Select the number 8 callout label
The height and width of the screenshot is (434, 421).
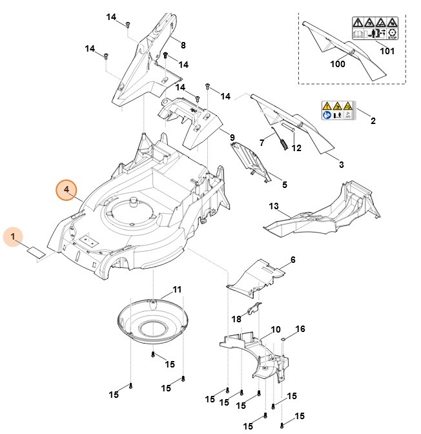point(183,45)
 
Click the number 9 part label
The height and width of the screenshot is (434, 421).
point(232,138)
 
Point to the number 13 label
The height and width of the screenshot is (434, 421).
point(274,206)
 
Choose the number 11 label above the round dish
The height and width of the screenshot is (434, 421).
point(159,289)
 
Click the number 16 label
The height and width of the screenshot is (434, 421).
point(300,329)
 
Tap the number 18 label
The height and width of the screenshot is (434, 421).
point(236,318)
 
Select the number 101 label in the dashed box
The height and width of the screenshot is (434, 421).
point(387,51)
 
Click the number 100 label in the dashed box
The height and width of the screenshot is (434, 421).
point(338,64)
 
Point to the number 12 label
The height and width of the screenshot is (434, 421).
point(296,148)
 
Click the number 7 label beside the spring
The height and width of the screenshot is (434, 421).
point(262,143)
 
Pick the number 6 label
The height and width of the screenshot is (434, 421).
point(293,260)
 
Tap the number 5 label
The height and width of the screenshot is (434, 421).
point(285,185)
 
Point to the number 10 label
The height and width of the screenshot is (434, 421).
point(276,329)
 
